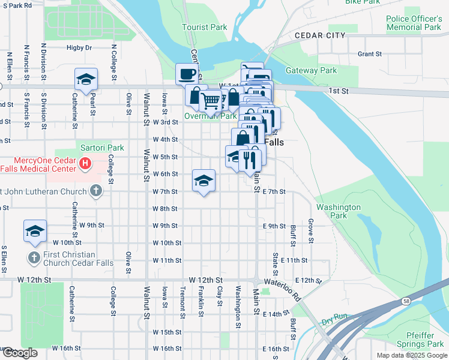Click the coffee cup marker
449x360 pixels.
click(187, 75)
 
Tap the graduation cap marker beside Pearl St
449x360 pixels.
click(86, 80)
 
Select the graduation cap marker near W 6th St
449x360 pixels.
click(203, 181)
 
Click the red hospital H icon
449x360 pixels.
click(86, 163)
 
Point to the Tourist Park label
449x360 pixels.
click(205, 27)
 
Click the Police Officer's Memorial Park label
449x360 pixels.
click(414, 23)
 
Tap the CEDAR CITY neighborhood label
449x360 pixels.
click(320, 35)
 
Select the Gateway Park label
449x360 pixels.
click(311, 70)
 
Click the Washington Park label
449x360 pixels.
click(339, 211)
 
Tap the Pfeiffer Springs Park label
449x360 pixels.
click(420, 340)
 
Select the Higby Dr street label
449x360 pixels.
click(79, 47)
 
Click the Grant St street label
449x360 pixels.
click(369, 54)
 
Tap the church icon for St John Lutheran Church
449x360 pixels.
click(95, 191)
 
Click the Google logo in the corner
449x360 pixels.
click(20, 353)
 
